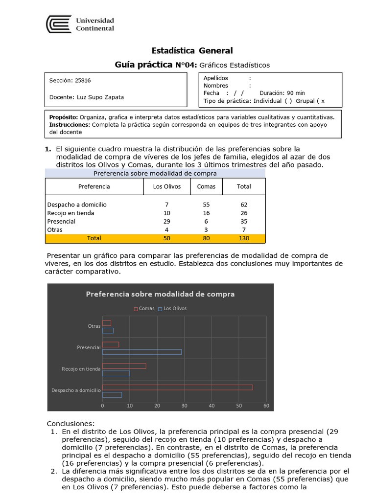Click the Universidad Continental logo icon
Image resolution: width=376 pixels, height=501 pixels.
click(x=58, y=24)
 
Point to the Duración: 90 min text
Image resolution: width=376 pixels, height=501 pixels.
click(x=282, y=93)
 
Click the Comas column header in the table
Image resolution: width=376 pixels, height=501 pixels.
click(x=206, y=186)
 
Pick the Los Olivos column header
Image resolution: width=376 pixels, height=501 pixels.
click(x=167, y=186)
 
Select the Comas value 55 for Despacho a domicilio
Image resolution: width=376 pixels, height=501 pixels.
click(x=206, y=205)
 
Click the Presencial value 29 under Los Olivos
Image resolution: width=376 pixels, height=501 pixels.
click(x=167, y=221)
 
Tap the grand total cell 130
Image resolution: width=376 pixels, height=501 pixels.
click(x=244, y=238)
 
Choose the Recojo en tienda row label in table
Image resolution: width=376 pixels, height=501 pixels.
click(x=70, y=213)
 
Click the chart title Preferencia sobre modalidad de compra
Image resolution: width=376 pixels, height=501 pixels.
click(x=160, y=294)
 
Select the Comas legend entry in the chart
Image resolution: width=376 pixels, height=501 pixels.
click(x=144, y=308)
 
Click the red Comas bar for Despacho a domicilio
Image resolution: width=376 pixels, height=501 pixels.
click(x=177, y=387)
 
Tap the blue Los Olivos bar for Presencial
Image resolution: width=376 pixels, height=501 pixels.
click(x=141, y=352)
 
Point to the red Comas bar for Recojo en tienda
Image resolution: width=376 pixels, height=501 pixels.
click(x=124, y=365)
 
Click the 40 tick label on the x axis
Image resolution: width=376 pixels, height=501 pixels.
click(x=211, y=406)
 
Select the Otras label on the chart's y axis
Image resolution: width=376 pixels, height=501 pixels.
click(x=94, y=326)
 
